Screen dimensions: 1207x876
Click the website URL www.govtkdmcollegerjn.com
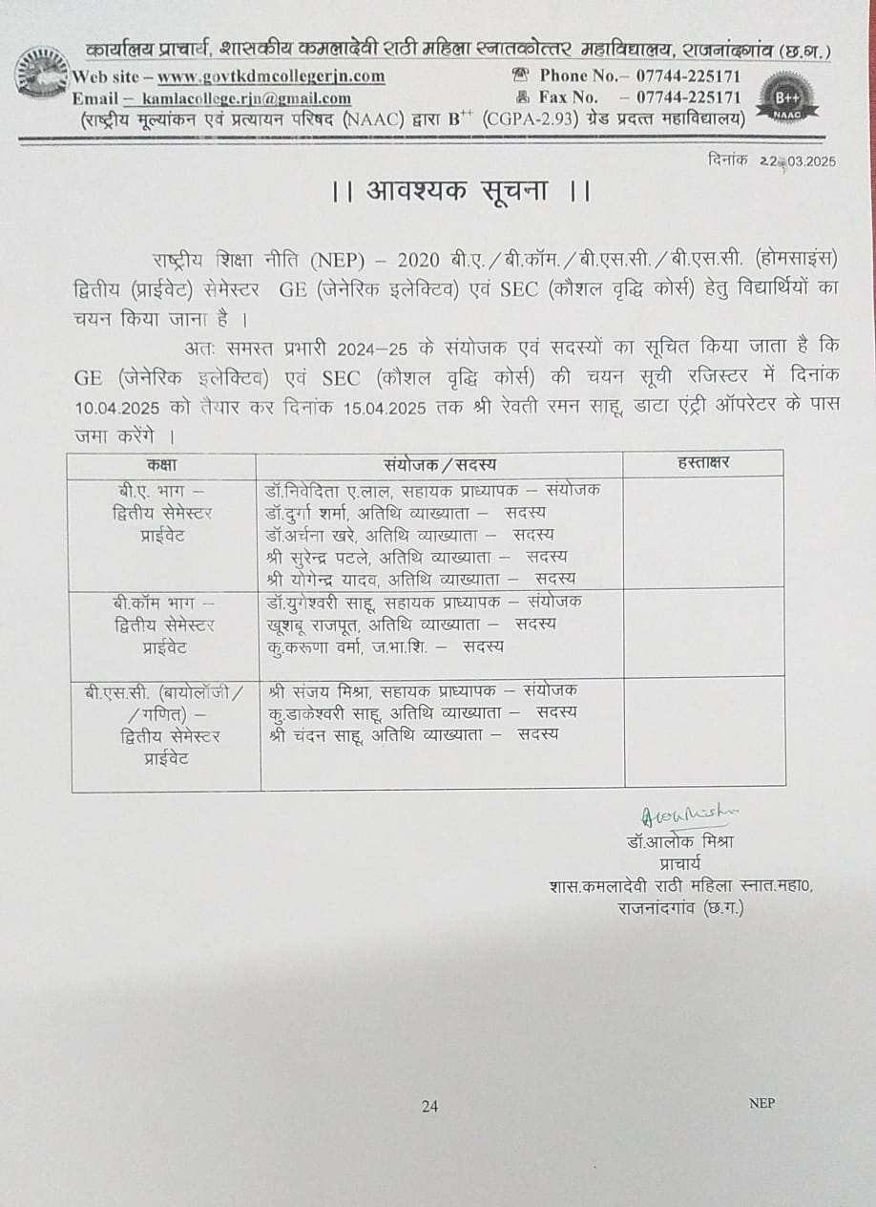pos(271,76)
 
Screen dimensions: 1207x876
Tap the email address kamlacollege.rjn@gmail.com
pos(245,97)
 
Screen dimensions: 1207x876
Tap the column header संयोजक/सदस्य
pos(440,464)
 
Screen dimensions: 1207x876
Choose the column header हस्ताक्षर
pos(703,464)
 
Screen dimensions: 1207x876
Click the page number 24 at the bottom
pos(429,1107)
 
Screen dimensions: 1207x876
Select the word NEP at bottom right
pos(761,1104)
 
